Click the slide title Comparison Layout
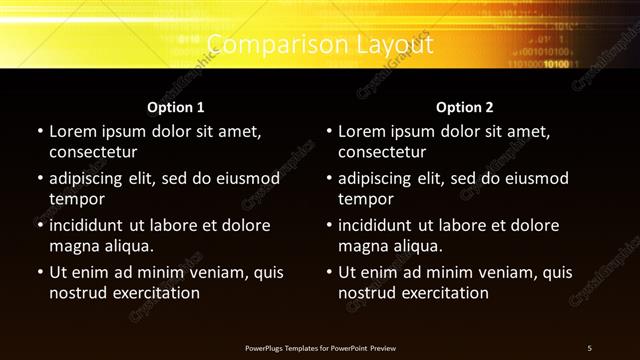click(320, 45)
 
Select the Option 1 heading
click(176, 107)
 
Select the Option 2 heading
click(465, 107)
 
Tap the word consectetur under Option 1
click(93, 153)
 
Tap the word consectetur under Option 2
click(382, 153)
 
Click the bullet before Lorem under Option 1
click(40, 132)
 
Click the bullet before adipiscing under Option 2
click(329, 179)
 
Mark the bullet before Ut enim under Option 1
click(40, 272)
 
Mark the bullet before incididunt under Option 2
click(329, 226)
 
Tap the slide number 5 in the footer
click(589, 347)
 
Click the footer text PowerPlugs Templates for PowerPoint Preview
click(320, 347)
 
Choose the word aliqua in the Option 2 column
click(419, 247)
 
